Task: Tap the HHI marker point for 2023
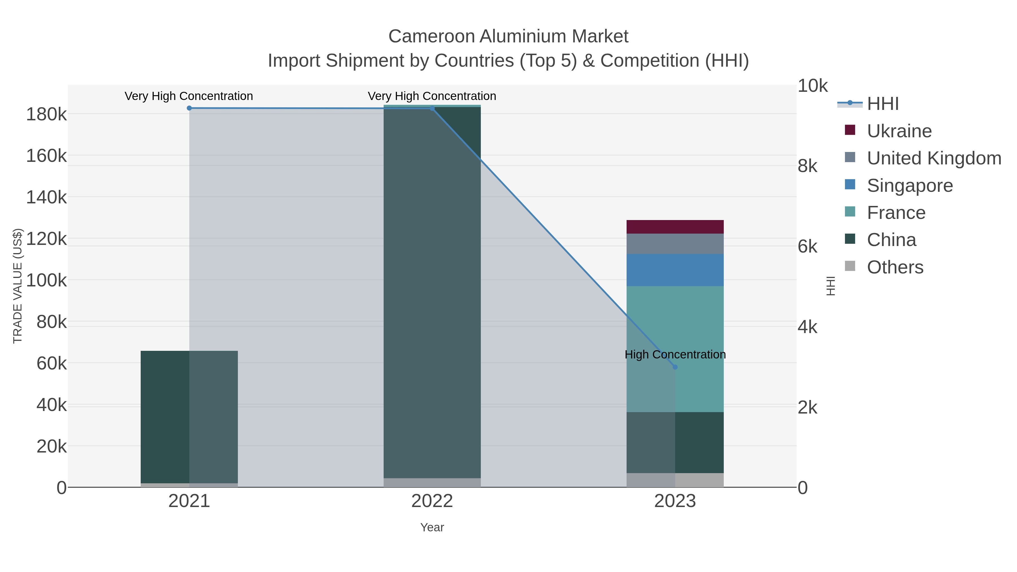675,367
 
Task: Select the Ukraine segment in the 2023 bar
675,227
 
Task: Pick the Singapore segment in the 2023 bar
675,270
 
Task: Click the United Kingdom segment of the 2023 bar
675,244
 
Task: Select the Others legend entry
895,267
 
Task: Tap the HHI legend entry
883,104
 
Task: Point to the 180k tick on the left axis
46,114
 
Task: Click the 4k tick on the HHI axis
808,327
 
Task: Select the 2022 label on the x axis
432,501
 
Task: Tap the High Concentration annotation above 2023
675,354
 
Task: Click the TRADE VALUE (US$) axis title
18,286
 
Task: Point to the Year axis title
432,527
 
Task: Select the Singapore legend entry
910,186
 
